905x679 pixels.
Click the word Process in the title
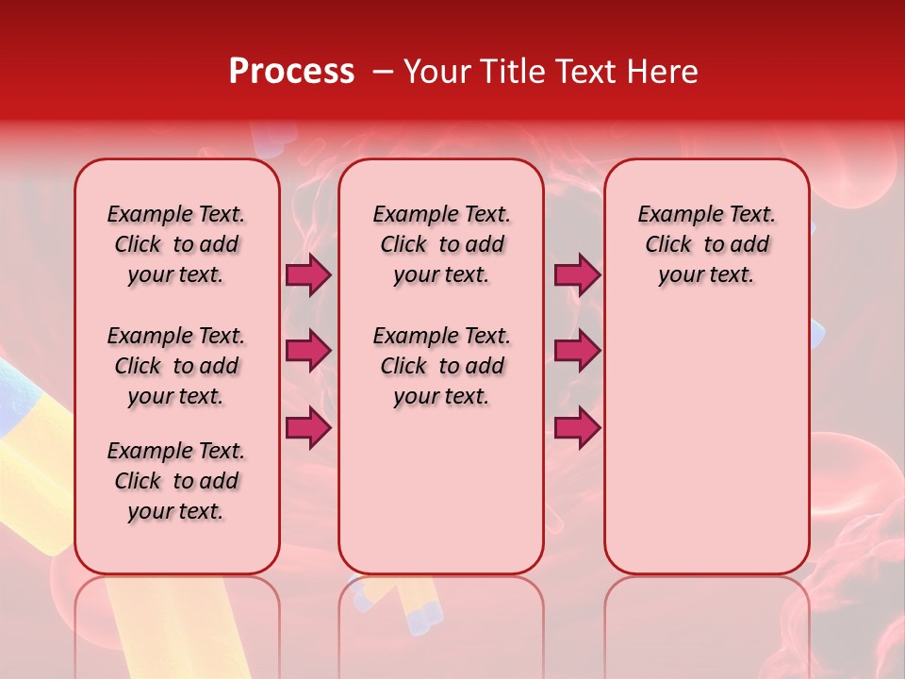290,72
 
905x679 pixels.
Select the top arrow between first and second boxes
308,275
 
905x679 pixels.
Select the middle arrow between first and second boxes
308,352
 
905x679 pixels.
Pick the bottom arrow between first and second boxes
308,428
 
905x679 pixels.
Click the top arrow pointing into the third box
577,275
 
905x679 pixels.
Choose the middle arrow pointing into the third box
577,352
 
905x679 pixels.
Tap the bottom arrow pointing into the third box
577,428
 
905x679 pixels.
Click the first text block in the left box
176,244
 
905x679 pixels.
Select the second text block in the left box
176,366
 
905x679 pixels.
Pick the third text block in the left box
176,481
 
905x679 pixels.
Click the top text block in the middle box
442,244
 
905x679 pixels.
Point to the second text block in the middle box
442,366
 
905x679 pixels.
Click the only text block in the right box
707,244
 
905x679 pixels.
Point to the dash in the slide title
383,72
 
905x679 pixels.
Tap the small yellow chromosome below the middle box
415,604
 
